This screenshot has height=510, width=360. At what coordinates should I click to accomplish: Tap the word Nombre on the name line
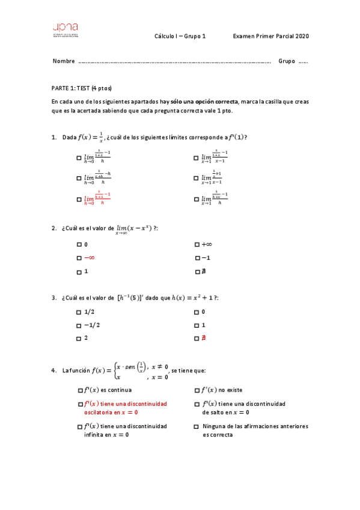64,61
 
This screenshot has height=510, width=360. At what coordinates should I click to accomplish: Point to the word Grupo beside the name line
287,61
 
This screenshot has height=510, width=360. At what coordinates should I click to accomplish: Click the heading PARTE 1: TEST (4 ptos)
82,88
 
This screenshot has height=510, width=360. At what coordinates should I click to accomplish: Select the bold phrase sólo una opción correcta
204,102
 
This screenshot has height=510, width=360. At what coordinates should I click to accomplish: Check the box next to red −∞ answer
79,258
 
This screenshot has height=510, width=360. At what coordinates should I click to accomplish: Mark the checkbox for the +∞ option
197,245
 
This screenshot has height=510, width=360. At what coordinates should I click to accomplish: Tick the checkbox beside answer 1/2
79,312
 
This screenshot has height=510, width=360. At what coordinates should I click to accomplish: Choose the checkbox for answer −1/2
79,325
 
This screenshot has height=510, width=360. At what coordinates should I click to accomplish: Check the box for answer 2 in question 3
79,339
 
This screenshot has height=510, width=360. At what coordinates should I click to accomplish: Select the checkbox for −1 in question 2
197,258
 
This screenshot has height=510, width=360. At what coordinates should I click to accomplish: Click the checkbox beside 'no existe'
197,390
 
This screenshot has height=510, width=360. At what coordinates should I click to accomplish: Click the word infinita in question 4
95,435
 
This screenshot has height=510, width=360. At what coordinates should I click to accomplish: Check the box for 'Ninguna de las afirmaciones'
197,426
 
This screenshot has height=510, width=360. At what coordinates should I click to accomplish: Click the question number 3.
54,298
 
